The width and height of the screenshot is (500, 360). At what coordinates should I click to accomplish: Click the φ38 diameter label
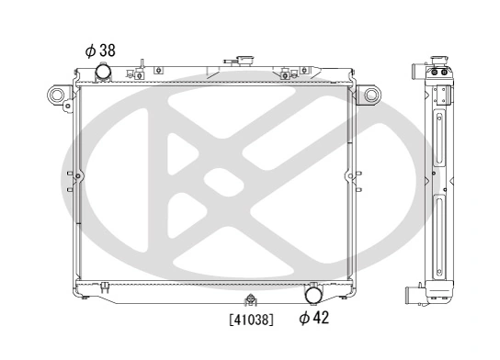click(x=100, y=51)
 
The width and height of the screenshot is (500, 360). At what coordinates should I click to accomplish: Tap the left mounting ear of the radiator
click(x=57, y=94)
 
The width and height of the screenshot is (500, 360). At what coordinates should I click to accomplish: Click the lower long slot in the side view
click(x=440, y=238)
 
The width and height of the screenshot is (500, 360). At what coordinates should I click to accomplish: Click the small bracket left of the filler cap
click(x=141, y=68)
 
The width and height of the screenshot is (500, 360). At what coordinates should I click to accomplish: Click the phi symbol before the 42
click(x=304, y=319)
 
